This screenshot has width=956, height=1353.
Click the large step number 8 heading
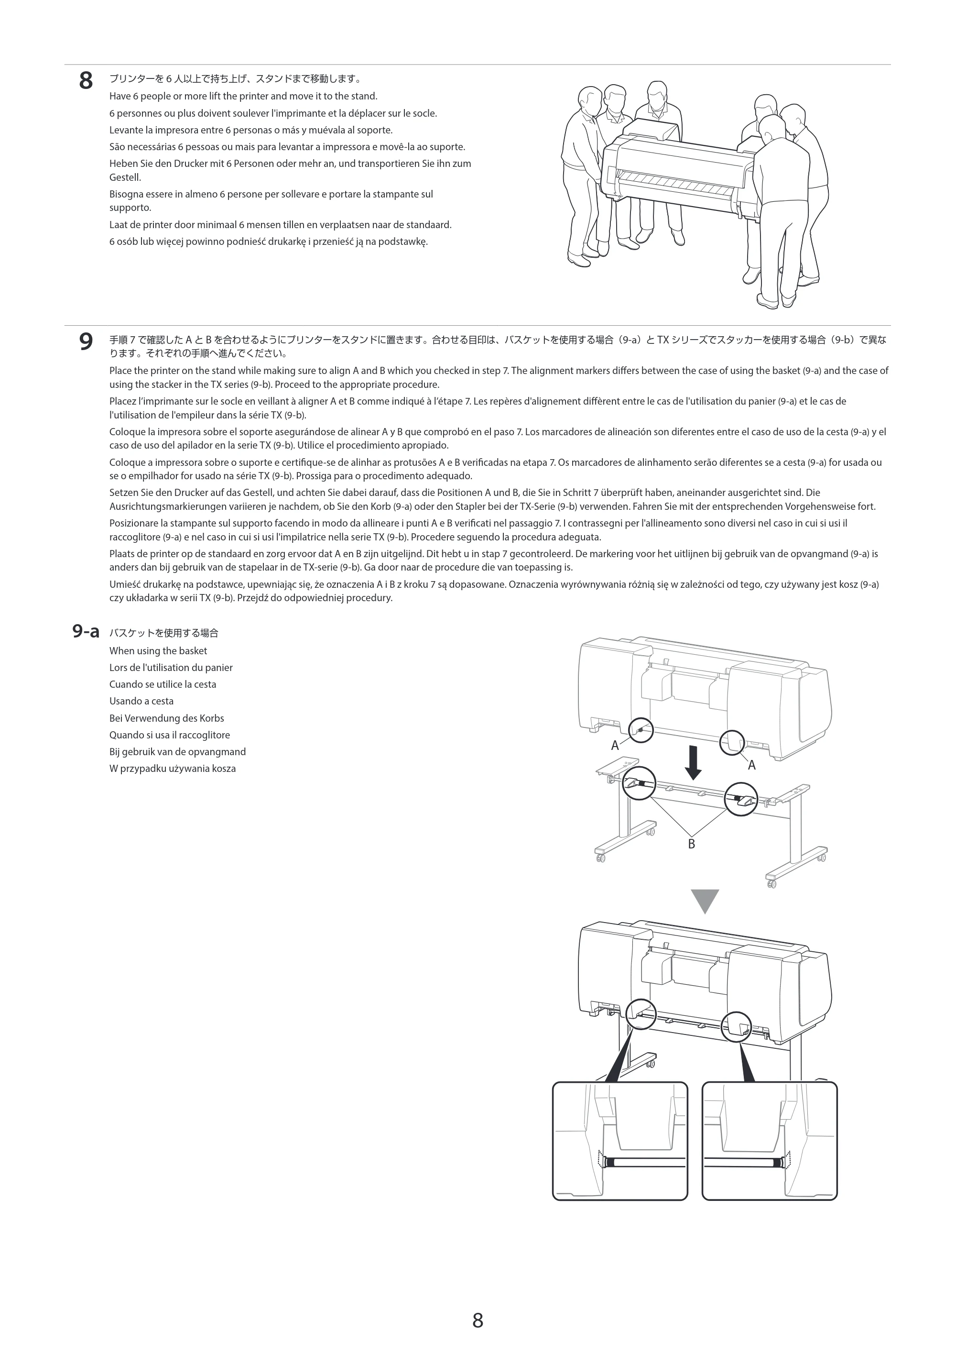[86, 81]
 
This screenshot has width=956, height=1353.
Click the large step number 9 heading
[86, 342]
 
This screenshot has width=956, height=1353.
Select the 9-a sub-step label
[86, 632]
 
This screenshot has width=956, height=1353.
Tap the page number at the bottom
[478, 1320]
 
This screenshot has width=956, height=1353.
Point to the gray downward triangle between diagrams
[705, 901]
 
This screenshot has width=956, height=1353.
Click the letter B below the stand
[692, 844]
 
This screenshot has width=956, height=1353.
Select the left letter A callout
[615, 746]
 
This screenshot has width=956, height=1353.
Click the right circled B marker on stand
[741, 799]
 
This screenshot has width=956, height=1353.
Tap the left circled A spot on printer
[641, 730]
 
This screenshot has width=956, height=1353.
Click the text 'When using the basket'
[158, 650]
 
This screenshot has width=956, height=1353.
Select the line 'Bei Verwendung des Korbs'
[167, 718]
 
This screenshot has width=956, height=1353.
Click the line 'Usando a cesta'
[141, 701]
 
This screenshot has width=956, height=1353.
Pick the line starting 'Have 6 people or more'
[243, 96]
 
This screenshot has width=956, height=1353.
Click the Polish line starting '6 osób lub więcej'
[269, 242]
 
